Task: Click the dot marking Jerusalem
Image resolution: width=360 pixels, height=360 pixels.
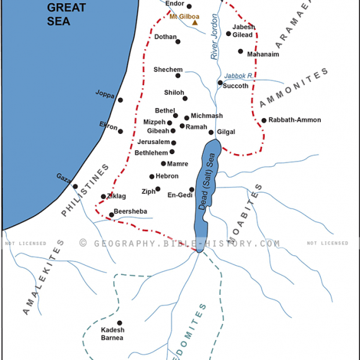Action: (x=173, y=142)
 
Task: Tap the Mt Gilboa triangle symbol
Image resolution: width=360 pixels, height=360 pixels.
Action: (x=195, y=23)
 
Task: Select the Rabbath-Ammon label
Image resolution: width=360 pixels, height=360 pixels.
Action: (x=294, y=120)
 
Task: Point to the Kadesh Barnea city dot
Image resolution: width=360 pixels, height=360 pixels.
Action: (x=119, y=323)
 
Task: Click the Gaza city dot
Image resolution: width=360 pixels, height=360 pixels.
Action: (x=75, y=186)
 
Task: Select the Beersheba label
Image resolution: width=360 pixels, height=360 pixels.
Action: (x=131, y=212)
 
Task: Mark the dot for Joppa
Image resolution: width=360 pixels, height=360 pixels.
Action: (x=120, y=100)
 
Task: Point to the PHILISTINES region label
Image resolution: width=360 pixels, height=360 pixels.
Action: (x=85, y=190)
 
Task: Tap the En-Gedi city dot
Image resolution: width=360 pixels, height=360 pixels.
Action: (x=192, y=189)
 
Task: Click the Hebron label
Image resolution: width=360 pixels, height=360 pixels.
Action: (x=167, y=176)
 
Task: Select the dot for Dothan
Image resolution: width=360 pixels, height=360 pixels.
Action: (x=178, y=42)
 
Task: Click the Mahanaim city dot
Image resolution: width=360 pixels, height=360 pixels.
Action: (x=240, y=51)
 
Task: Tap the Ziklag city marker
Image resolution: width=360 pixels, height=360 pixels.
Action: (x=104, y=196)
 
